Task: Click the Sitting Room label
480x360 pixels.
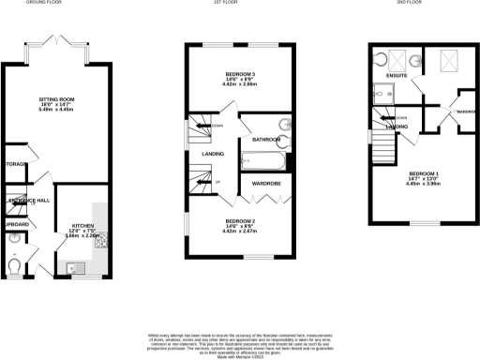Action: tap(57, 97)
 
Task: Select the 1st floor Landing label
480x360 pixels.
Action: tap(201, 155)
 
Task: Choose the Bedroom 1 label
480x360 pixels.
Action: tap(425, 173)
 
